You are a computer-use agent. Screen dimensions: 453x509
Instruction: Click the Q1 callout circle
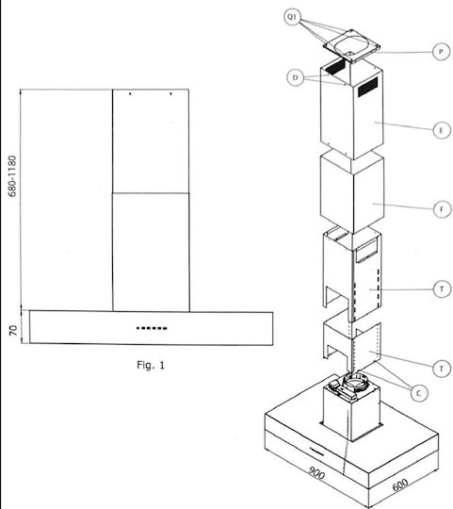click(292, 17)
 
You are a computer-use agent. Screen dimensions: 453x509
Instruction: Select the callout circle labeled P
click(441, 52)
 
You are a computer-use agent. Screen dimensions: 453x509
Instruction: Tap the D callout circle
click(295, 77)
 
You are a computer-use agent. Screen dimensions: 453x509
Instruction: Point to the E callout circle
click(442, 130)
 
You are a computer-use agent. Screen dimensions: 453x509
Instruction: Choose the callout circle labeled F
click(442, 209)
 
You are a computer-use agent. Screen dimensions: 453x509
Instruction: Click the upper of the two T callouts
click(442, 289)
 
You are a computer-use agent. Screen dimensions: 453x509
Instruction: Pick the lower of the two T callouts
click(442, 369)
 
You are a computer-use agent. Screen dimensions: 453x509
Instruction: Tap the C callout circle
click(419, 393)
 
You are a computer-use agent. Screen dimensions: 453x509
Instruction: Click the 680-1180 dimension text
click(12, 176)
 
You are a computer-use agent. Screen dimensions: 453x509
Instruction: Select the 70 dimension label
click(13, 331)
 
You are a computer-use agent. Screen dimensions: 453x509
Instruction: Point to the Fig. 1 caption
click(151, 365)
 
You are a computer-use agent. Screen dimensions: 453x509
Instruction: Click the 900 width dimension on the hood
click(316, 472)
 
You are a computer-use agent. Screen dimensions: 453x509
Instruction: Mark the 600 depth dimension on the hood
click(400, 485)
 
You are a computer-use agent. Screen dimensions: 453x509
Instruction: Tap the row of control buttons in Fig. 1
click(152, 328)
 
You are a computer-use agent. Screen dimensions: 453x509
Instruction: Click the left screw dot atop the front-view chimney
click(130, 94)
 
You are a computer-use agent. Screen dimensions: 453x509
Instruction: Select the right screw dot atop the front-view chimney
click(170, 94)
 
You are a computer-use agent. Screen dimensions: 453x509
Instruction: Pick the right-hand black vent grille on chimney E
click(367, 87)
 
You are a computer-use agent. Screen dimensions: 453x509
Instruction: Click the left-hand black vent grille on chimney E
click(334, 66)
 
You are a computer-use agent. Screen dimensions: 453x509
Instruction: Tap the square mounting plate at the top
click(351, 46)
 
